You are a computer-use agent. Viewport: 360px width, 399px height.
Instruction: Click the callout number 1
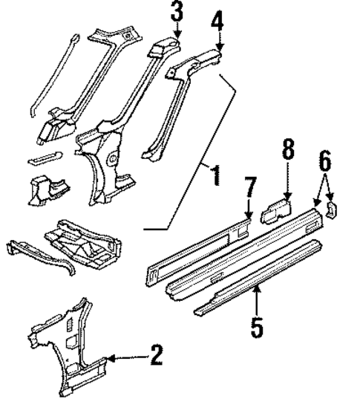[x=215, y=177]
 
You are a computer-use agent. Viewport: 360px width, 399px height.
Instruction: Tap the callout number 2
[x=155, y=355]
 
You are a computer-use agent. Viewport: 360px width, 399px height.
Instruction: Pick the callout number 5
[x=256, y=327]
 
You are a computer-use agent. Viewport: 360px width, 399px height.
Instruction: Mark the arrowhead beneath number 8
[x=287, y=195]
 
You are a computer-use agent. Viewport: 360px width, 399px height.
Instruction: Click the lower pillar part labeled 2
[x=74, y=349]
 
